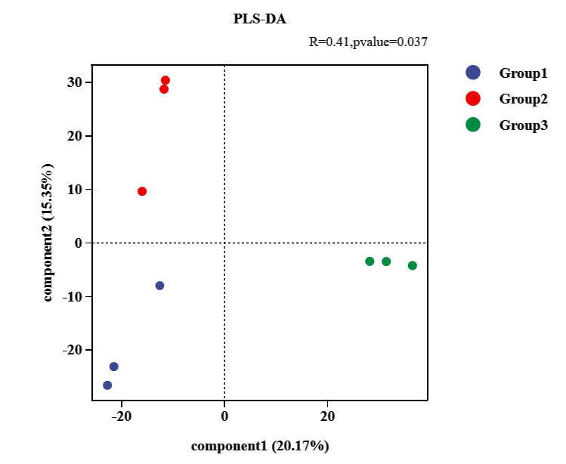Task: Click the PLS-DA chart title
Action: click(x=260, y=19)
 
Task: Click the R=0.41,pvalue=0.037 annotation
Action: click(x=369, y=42)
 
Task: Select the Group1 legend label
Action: click(x=522, y=73)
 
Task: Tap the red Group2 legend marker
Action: click(x=473, y=99)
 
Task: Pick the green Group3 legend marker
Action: click(x=473, y=125)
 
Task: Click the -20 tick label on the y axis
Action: click(x=75, y=350)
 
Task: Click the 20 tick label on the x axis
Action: click(x=327, y=416)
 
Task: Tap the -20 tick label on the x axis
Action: click(x=121, y=416)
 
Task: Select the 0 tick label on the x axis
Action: click(x=224, y=416)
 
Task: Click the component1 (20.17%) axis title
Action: click(x=260, y=446)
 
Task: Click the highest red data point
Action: click(x=165, y=80)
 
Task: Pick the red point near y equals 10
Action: click(x=142, y=191)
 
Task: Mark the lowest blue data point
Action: click(x=107, y=385)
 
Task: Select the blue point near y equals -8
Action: click(x=159, y=286)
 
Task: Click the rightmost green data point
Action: click(x=413, y=265)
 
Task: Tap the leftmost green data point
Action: click(x=370, y=261)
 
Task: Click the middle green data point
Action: click(x=386, y=261)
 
